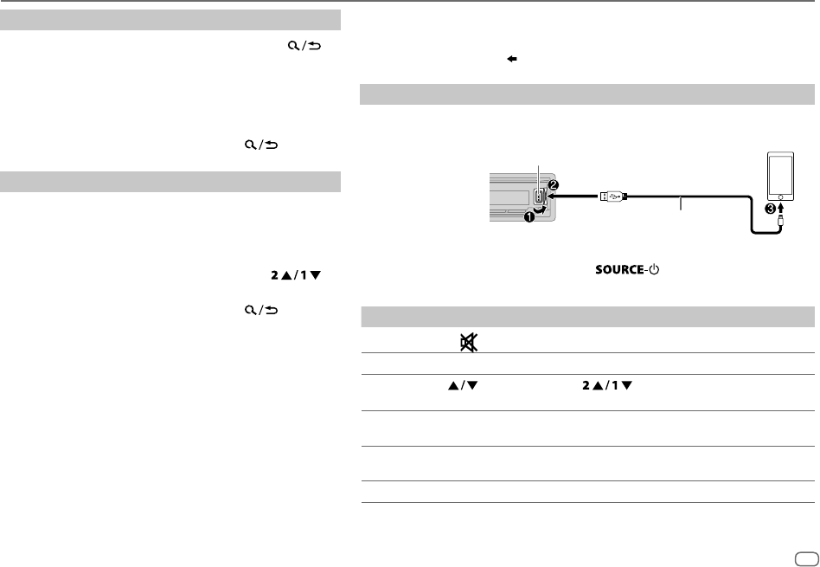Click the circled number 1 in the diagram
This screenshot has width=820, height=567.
pyautogui.click(x=529, y=216)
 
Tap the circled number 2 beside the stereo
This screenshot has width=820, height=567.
pyautogui.click(x=554, y=184)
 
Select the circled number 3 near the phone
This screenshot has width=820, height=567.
pyautogui.click(x=770, y=209)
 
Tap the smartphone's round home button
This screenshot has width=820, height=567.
pyautogui.click(x=780, y=197)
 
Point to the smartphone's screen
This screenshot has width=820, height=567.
pyautogui.click(x=780, y=174)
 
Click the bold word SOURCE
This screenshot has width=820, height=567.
pyautogui.click(x=619, y=269)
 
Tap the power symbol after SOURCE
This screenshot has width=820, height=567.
pyautogui.click(x=654, y=269)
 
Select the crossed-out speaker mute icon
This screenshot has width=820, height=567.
pyautogui.click(x=469, y=343)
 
